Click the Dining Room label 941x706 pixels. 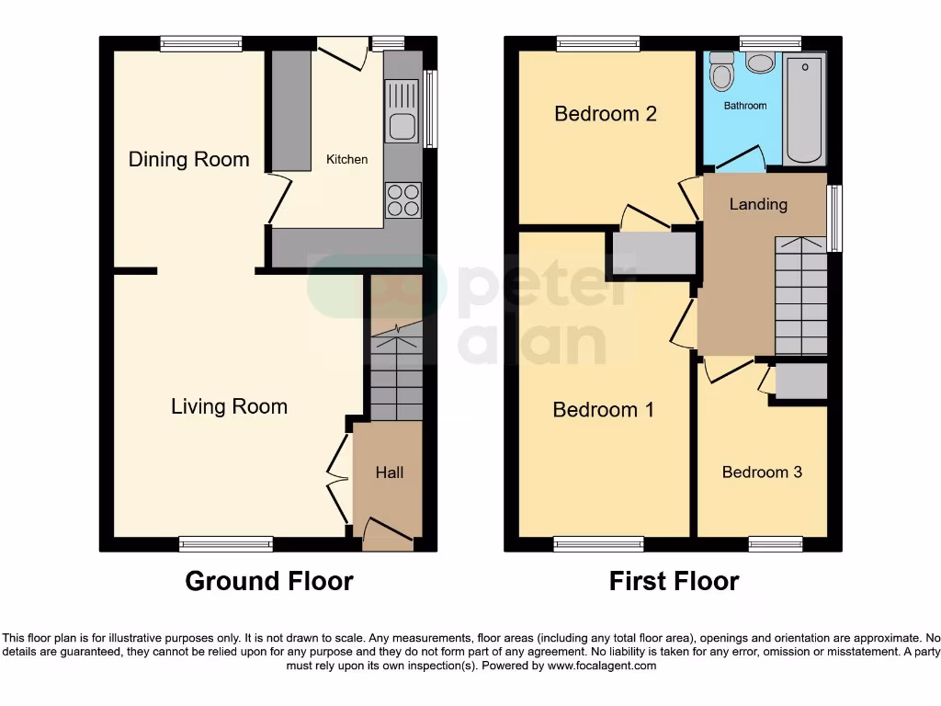(x=188, y=159)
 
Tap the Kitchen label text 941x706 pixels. (x=346, y=159)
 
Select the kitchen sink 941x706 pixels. (x=402, y=112)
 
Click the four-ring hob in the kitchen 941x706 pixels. (x=402, y=199)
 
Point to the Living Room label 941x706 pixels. (x=229, y=406)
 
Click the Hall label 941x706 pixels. (x=389, y=473)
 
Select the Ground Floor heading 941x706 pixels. (x=269, y=581)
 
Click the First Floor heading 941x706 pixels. (x=674, y=581)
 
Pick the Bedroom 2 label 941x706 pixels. (x=605, y=114)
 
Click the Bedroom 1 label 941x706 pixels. (x=603, y=410)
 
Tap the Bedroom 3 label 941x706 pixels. (x=762, y=472)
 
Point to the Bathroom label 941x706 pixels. (x=744, y=106)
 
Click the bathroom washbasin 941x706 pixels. (x=760, y=62)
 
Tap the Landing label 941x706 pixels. (x=758, y=204)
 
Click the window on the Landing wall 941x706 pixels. (x=834, y=218)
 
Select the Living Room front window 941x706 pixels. (x=226, y=544)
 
